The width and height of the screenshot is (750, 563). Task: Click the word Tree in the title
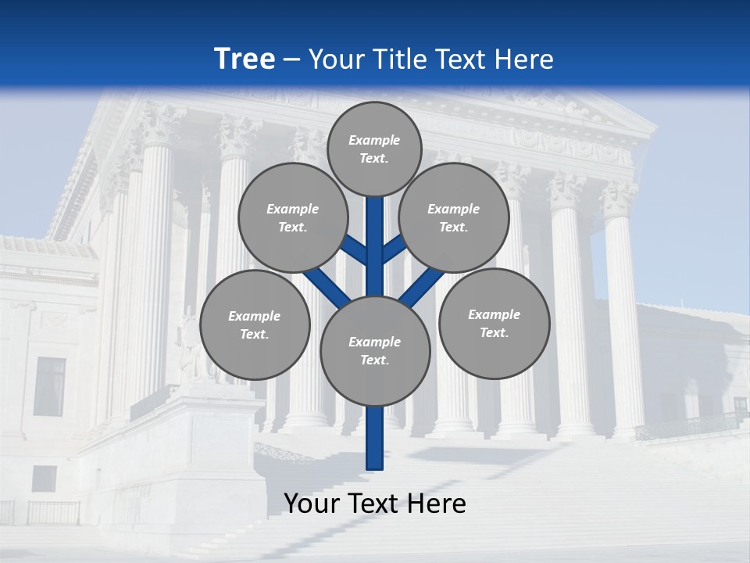tap(245, 59)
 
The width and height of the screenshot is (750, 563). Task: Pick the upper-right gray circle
tap(454, 218)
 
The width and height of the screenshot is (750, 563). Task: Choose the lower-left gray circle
tap(255, 325)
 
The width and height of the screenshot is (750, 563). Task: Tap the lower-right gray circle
tap(494, 324)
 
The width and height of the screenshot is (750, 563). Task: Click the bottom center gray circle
tap(375, 351)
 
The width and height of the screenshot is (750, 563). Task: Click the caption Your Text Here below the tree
tap(375, 504)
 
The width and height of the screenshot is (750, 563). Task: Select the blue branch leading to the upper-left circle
tap(356, 250)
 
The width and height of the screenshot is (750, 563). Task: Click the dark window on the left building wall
tap(50, 386)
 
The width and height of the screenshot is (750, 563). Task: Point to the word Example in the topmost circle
tap(374, 141)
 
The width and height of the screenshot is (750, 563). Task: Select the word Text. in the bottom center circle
tap(374, 360)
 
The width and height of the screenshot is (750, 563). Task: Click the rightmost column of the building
tap(623, 313)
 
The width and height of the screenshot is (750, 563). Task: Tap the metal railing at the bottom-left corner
tap(47, 512)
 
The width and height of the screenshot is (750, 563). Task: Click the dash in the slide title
tap(291, 59)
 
